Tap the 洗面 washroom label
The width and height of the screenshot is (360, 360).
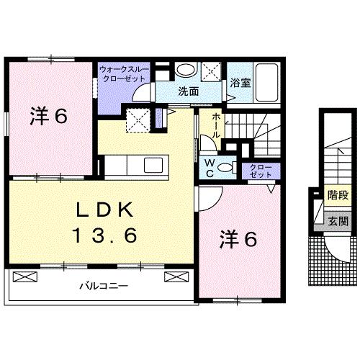click(x=189, y=91)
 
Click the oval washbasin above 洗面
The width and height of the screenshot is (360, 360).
click(x=186, y=70)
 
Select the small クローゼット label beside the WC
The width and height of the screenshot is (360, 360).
click(x=256, y=171)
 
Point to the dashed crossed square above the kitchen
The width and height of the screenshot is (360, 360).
click(x=138, y=119)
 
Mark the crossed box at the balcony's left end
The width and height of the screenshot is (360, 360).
click(x=24, y=276)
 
